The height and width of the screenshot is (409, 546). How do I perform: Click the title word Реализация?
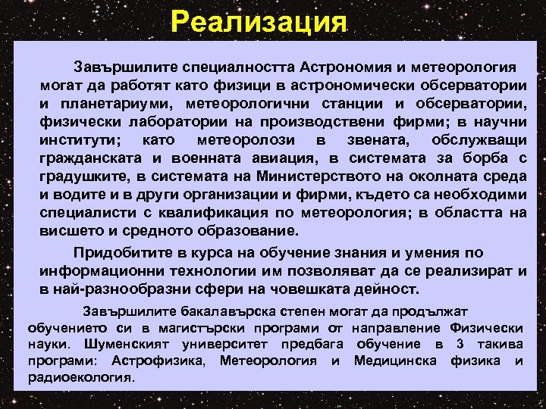(259, 21)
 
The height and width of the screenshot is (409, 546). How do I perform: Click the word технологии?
(199, 271)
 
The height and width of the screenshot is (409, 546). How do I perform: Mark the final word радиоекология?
(80, 376)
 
